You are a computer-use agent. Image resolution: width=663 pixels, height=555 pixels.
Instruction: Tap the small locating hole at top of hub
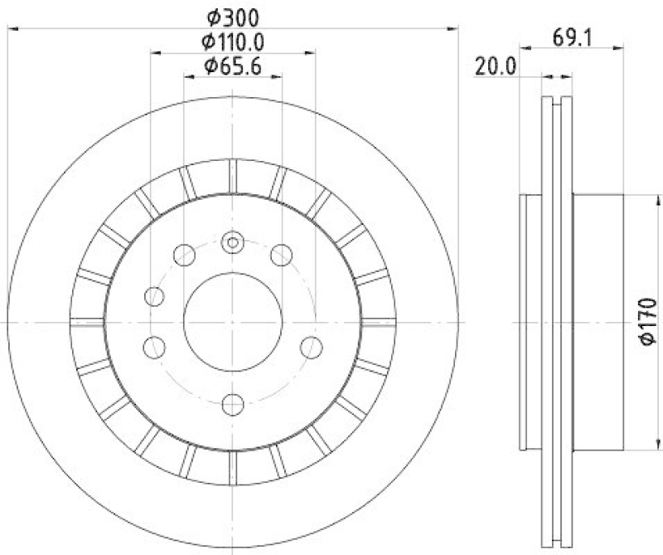click(233, 243)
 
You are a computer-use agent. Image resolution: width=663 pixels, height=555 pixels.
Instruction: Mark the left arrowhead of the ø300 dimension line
click(12, 29)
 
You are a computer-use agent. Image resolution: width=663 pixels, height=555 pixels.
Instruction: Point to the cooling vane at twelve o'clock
click(233, 175)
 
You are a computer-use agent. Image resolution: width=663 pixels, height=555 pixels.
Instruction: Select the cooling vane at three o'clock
click(378, 321)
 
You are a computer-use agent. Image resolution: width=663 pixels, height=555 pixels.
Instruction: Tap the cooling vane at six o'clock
click(233, 466)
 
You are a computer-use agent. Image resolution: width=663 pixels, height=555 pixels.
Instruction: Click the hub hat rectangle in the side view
click(597, 322)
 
